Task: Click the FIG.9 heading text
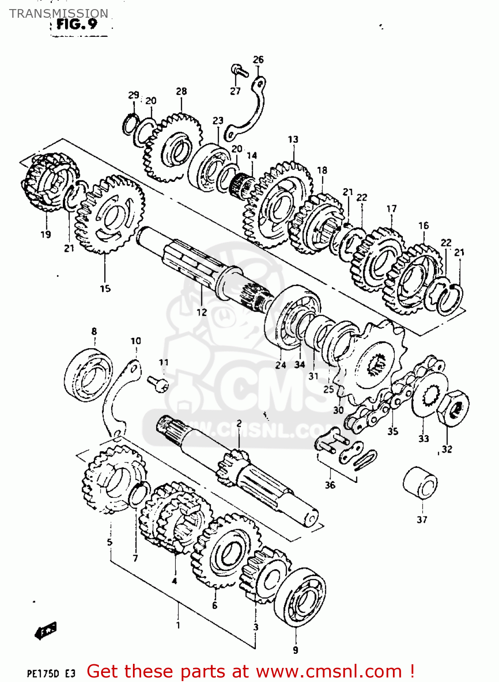coord(76,24)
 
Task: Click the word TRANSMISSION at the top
coord(59,13)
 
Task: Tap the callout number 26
coord(258,60)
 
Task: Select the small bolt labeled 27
coord(239,70)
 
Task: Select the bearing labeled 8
coord(88,375)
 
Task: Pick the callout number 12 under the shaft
coord(201,312)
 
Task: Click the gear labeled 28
coord(173,148)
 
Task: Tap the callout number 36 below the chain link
coord(330,485)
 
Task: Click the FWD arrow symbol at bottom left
coord(46,631)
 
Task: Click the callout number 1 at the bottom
coord(178,625)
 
